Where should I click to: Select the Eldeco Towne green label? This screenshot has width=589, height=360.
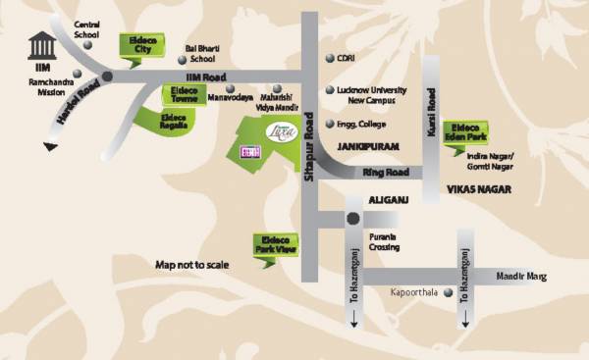(181, 94)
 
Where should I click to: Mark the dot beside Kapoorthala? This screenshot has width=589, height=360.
(450, 293)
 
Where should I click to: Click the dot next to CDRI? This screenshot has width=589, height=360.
(330, 58)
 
